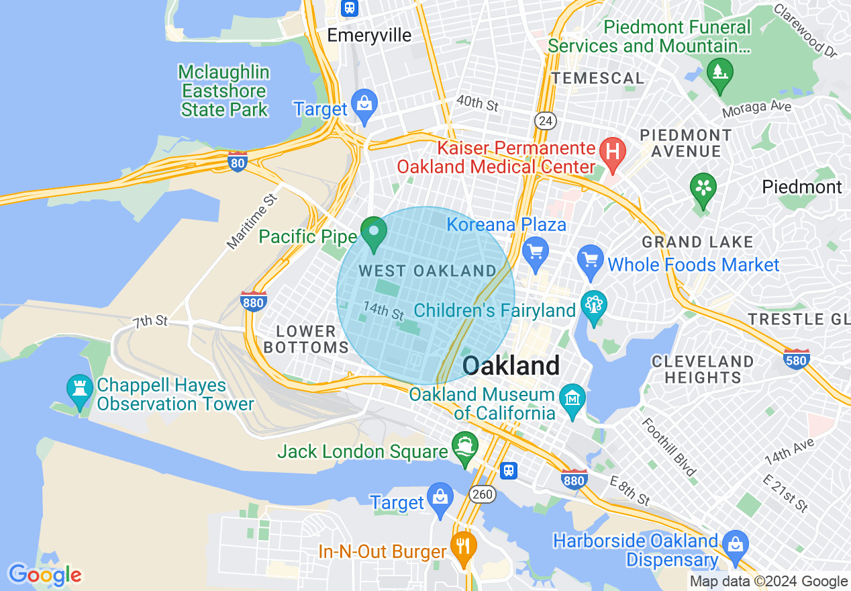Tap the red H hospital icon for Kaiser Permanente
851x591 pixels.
click(612, 152)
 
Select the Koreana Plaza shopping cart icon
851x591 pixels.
click(536, 254)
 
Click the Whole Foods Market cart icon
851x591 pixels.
click(591, 261)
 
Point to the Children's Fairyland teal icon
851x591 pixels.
click(593, 306)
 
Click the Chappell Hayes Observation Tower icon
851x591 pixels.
click(80, 391)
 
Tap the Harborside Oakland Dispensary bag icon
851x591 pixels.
click(736, 545)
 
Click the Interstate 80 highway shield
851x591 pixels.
click(237, 162)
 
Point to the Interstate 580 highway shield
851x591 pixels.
click(796, 359)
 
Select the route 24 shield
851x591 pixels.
click(544, 120)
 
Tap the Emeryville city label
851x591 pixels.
click(369, 35)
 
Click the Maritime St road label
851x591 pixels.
click(252, 222)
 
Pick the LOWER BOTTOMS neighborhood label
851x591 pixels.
click(306, 339)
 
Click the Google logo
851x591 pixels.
click(45, 575)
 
